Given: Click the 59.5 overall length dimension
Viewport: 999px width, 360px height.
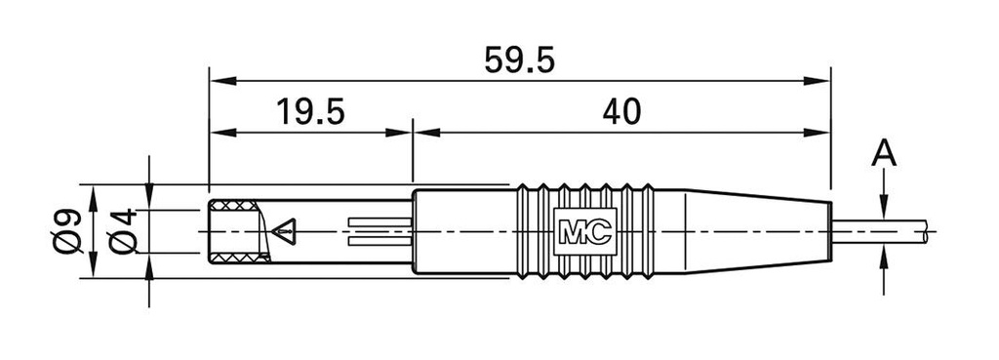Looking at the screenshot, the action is pyautogui.click(x=519, y=60).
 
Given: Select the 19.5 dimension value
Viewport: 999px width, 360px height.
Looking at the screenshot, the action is pyautogui.click(x=311, y=112).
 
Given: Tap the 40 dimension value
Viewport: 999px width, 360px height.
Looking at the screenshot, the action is pyautogui.click(x=621, y=112).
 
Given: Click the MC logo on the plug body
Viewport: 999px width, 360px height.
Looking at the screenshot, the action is pyautogui.click(x=585, y=231).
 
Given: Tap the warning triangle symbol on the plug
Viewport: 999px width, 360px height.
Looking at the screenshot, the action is pyautogui.click(x=284, y=231).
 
